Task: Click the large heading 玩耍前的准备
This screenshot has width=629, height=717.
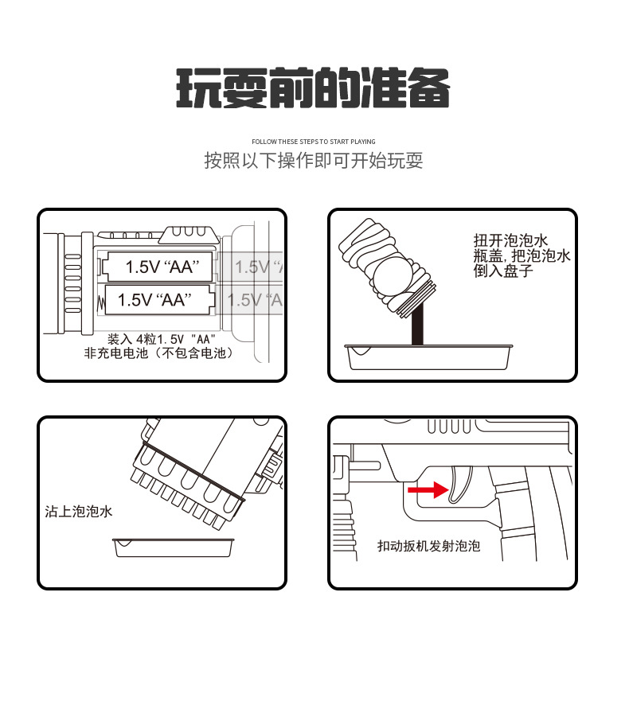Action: click(x=313, y=88)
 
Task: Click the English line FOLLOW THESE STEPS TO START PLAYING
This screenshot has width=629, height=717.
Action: click(x=313, y=142)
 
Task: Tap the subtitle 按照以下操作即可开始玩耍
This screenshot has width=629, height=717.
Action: click(x=313, y=161)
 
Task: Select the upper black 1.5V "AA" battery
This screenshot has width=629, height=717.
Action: click(x=159, y=266)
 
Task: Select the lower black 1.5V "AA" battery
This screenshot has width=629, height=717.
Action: click(x=156, y=300)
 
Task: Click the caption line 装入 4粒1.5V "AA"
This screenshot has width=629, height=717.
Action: click(x=162, y=338)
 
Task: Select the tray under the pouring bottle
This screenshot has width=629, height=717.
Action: click(x=428, y=357)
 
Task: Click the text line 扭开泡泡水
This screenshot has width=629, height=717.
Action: click(x=511, y=241)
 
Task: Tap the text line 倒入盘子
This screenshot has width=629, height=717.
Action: click(x=503, y=271)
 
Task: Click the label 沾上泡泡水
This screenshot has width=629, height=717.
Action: click(x=79, y=511)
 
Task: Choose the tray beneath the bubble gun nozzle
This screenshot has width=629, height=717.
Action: click(x=176, y=547)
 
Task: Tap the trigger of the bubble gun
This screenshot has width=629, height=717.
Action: click(x=458, y=485)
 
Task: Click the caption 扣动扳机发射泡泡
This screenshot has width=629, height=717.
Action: click(x=428, y=546)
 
